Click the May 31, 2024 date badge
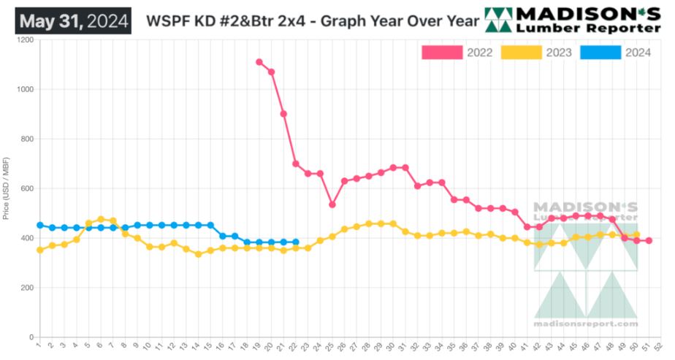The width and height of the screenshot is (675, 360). pyautogui.click(x=75, y=20)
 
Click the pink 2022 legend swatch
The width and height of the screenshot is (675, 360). pyautogui.click(x=443, y=53)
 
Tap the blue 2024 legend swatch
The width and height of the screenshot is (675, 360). pyautogui.click(x=600, y=53)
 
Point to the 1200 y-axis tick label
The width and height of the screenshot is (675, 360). pyautogui.click(x=25, y=40)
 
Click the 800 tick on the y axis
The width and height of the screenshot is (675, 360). pyautogui.click(x=27, y=139)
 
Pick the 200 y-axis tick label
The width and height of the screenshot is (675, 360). pyautogui.click(x=27, y=288)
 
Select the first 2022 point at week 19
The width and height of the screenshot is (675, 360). pyautogui.click(x=259, y=62)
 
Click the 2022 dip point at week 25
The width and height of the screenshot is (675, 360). pyautogui.click(x=332, y=204)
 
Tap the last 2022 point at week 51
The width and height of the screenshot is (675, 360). pyautogui.click(x=649, y=241)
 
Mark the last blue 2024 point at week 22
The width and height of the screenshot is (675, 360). pyautogui.click(x=296, y=242)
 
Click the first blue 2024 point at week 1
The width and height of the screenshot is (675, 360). pyautogui.click(x=39, y=226)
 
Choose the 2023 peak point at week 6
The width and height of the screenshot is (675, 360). pyautogui.click(x=101, y=219)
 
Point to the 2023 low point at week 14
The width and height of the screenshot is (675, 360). pyautogui.click(x=198, y=254)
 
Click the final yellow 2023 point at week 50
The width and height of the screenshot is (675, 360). pyautogui.click(x=636, y=235)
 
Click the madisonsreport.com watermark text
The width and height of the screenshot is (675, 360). pyautogui.click(x=586, y=323)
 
